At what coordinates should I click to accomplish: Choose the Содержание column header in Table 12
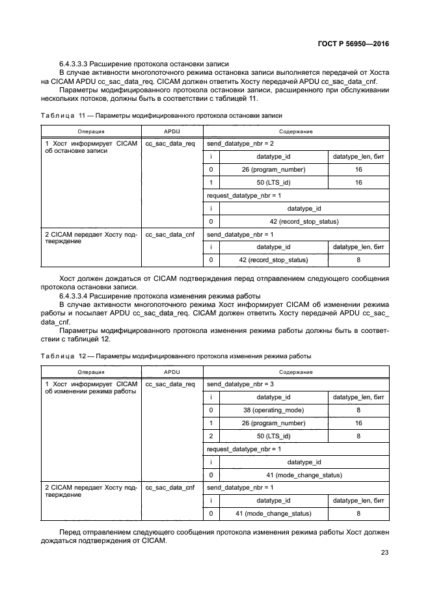[296, 372]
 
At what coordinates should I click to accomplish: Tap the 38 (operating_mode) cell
[273, 410]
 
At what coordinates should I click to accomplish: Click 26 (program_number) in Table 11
[273, 170]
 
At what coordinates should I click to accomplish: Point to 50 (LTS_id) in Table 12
[273, 436]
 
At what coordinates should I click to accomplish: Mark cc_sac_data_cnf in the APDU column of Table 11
[170, 233]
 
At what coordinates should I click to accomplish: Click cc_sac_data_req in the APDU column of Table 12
[170, 384]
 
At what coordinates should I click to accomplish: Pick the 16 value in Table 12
[358, 423]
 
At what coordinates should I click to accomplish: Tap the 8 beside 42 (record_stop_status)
[358, 260]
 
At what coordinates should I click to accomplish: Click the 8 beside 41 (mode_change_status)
[358, 513]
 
